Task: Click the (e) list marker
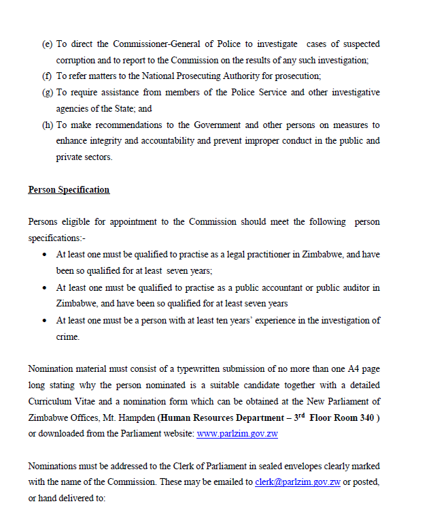(47, 44)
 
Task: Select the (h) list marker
(47, 125)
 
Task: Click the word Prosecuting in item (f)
(206, 76)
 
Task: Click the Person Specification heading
(69, 190)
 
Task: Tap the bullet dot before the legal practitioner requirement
(45, 255)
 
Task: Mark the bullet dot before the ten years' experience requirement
(45, 321)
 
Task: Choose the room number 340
(363, 418)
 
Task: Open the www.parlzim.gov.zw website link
(237, 435)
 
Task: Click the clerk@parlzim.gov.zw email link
(298, 482)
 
